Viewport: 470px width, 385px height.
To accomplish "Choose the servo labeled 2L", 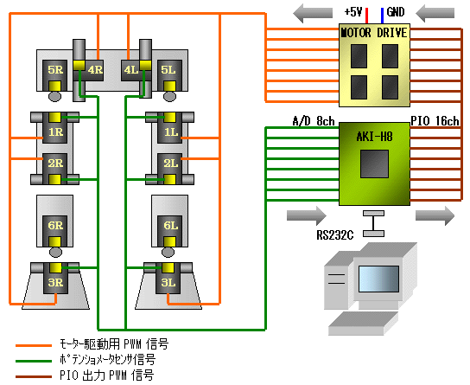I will (170, 163).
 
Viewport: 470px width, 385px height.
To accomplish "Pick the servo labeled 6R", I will (56, 227).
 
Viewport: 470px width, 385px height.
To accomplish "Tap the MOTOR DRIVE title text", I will (374, 33).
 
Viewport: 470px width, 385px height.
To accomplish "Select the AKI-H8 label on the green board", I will (374, 136).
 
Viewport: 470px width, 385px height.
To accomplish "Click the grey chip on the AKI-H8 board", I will (375, 164).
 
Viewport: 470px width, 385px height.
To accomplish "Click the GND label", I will (395, 12).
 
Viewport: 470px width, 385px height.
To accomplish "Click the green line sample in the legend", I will (35, 359).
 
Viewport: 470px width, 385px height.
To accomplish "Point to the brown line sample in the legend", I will (35, 375).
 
